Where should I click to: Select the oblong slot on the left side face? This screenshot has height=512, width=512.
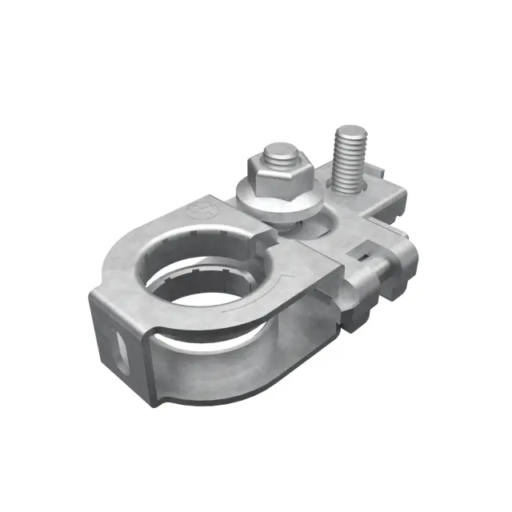pos(119,349)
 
